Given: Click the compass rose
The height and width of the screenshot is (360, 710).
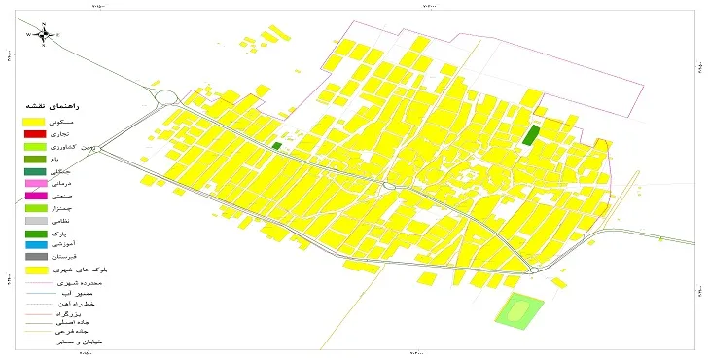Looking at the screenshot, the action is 44,34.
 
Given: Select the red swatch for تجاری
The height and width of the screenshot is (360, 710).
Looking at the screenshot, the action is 35,132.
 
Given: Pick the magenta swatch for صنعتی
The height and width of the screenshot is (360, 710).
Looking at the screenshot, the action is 35,196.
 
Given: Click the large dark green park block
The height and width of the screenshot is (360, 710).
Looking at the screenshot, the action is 530,134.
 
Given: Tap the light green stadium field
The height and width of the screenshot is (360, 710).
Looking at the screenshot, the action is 515,310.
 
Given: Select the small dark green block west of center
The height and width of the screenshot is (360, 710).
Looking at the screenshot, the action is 276,146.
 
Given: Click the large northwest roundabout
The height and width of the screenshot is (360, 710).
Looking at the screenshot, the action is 165,97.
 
